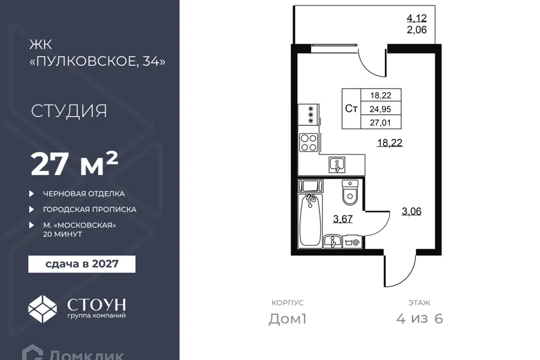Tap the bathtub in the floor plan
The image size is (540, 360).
pos(310,220)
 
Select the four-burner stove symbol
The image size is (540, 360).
pos(309,143)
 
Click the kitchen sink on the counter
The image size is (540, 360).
pos(337,164)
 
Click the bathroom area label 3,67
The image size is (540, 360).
pos(343,219)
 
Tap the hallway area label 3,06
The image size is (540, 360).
pos(412,211)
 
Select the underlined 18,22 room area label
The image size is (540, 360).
pos(389,143)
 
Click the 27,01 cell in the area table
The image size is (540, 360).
pos(381,122)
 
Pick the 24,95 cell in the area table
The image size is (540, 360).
pos(381,109)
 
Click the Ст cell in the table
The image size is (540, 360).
pos(351,109)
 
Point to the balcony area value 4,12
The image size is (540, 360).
pos(417,18)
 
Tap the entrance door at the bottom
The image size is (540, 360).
pos(399,271)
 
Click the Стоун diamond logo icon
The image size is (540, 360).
pos(42,309)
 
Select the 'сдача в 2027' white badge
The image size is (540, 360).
pos(82,264)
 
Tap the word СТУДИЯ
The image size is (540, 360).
pos(69,111)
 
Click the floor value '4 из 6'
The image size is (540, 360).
pos(420,319)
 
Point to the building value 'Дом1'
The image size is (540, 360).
pos(287,319)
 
